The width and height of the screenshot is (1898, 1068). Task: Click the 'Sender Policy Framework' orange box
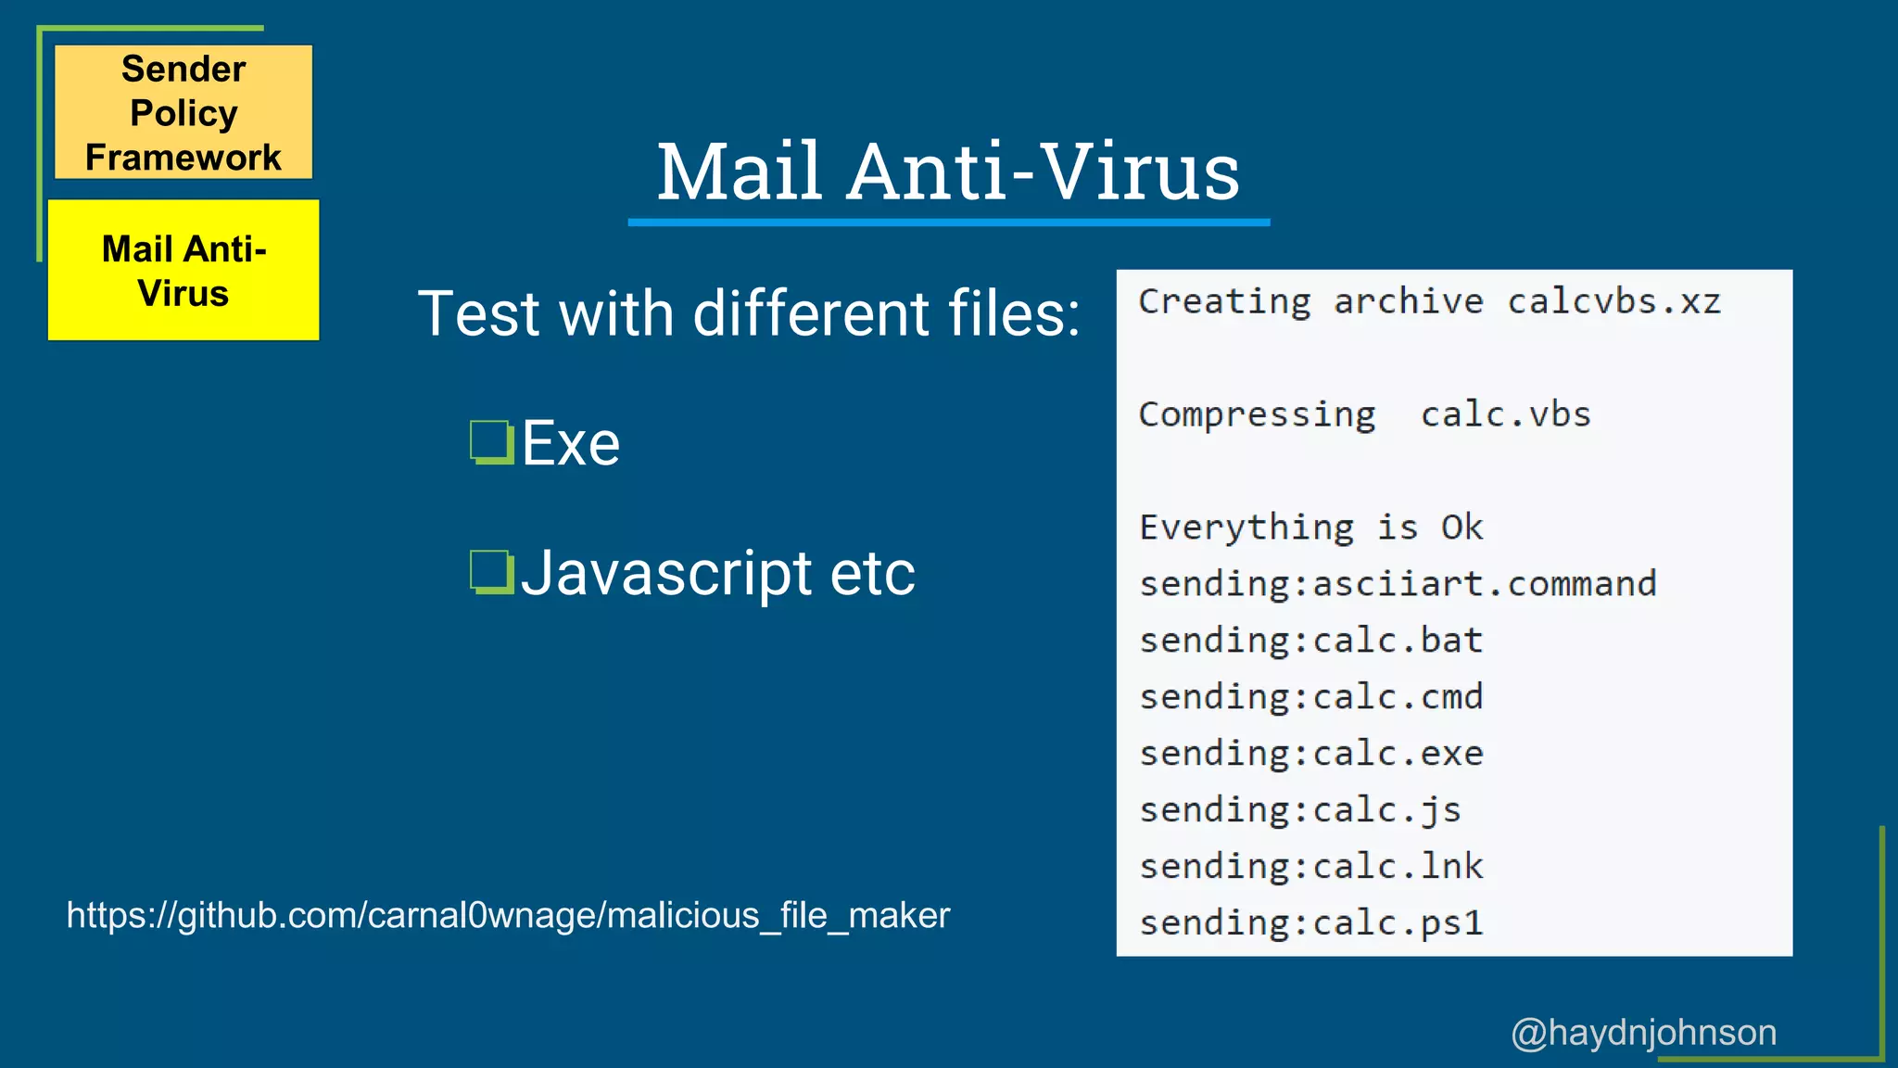tap(183, 112)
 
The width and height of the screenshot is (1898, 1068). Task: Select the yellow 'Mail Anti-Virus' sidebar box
tap(183, 270)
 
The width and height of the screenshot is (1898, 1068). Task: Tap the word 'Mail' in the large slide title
tap(740, 172)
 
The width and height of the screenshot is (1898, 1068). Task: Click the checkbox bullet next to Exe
tap(491, 442)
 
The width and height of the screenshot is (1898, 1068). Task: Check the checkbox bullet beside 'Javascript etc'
tap(491, 572)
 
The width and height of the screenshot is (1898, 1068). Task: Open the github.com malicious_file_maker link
tap(508, 916)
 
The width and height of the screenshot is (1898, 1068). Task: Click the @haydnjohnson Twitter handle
tap(1643, 1032)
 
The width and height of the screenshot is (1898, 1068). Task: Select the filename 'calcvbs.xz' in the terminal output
tap(1613, 302)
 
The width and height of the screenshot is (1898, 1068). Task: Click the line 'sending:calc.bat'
tap(1310, 641)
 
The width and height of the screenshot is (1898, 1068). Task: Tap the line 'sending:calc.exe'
tap(1310, 754)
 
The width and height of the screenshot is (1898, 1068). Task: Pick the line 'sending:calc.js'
tap(1299, 810)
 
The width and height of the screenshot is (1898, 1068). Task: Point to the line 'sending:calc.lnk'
tap(1310, 867)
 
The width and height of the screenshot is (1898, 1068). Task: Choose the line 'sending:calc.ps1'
tap(1310, 923)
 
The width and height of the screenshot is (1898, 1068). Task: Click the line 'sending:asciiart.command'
tap(1397, 584)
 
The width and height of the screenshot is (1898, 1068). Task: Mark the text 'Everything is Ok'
tap(1310, 528)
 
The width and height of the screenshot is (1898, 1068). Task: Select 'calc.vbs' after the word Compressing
tap(1505, 414)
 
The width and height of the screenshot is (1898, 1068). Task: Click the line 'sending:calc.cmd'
tap(1310, 697)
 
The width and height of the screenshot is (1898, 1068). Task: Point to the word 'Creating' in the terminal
tap(1224, 302)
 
